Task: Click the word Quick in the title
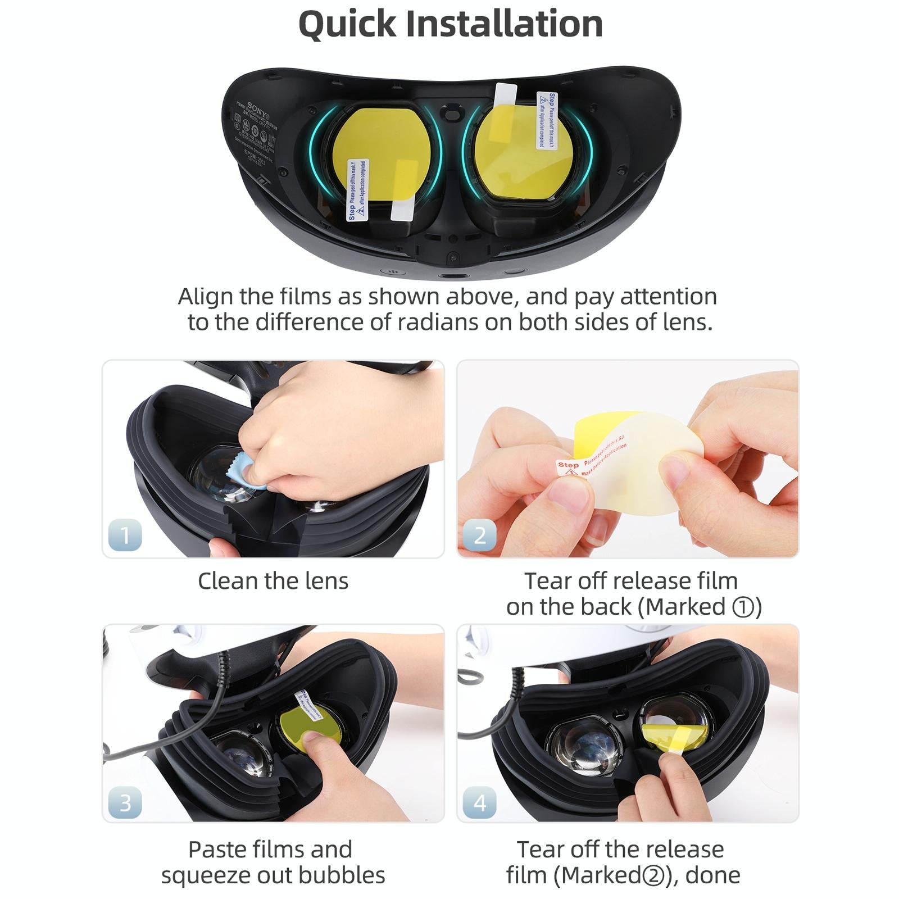pos(347,25)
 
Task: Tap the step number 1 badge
pos(125,534)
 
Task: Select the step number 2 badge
pos(479,534)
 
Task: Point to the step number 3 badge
pos(125,802)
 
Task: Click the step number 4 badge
pos(479,802)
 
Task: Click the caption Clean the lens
pos(273,581)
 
